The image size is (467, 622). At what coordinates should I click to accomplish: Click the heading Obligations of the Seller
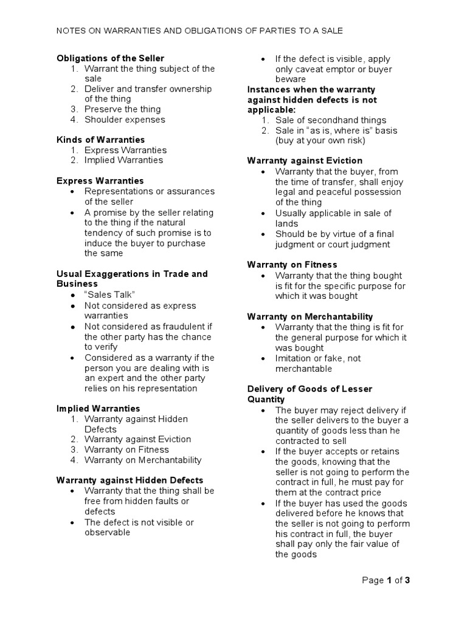point(110,58)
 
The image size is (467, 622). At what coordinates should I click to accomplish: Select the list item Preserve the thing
point(122,109)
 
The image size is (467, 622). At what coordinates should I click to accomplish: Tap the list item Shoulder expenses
point(125,120)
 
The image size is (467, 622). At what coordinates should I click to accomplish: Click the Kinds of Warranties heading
point(100,140)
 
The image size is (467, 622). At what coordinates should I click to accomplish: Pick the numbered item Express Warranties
point(125,150)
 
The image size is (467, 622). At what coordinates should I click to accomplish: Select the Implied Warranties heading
point(98,409)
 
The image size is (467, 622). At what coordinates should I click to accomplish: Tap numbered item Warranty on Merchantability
point(143,460)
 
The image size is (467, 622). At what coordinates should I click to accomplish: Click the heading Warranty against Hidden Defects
point(130,480)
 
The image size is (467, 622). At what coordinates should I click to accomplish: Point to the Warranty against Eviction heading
point(305,161)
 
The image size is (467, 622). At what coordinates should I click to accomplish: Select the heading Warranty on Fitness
point(292,265)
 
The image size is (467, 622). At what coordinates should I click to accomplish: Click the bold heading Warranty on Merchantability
point(310,317)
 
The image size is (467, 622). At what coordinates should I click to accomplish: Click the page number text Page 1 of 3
point(386,580)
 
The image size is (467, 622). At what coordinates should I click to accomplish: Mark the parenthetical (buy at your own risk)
point(319,140)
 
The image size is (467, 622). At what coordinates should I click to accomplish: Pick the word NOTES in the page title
point(71,30)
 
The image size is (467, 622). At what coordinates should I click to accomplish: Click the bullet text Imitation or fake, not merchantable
point(317,363)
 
